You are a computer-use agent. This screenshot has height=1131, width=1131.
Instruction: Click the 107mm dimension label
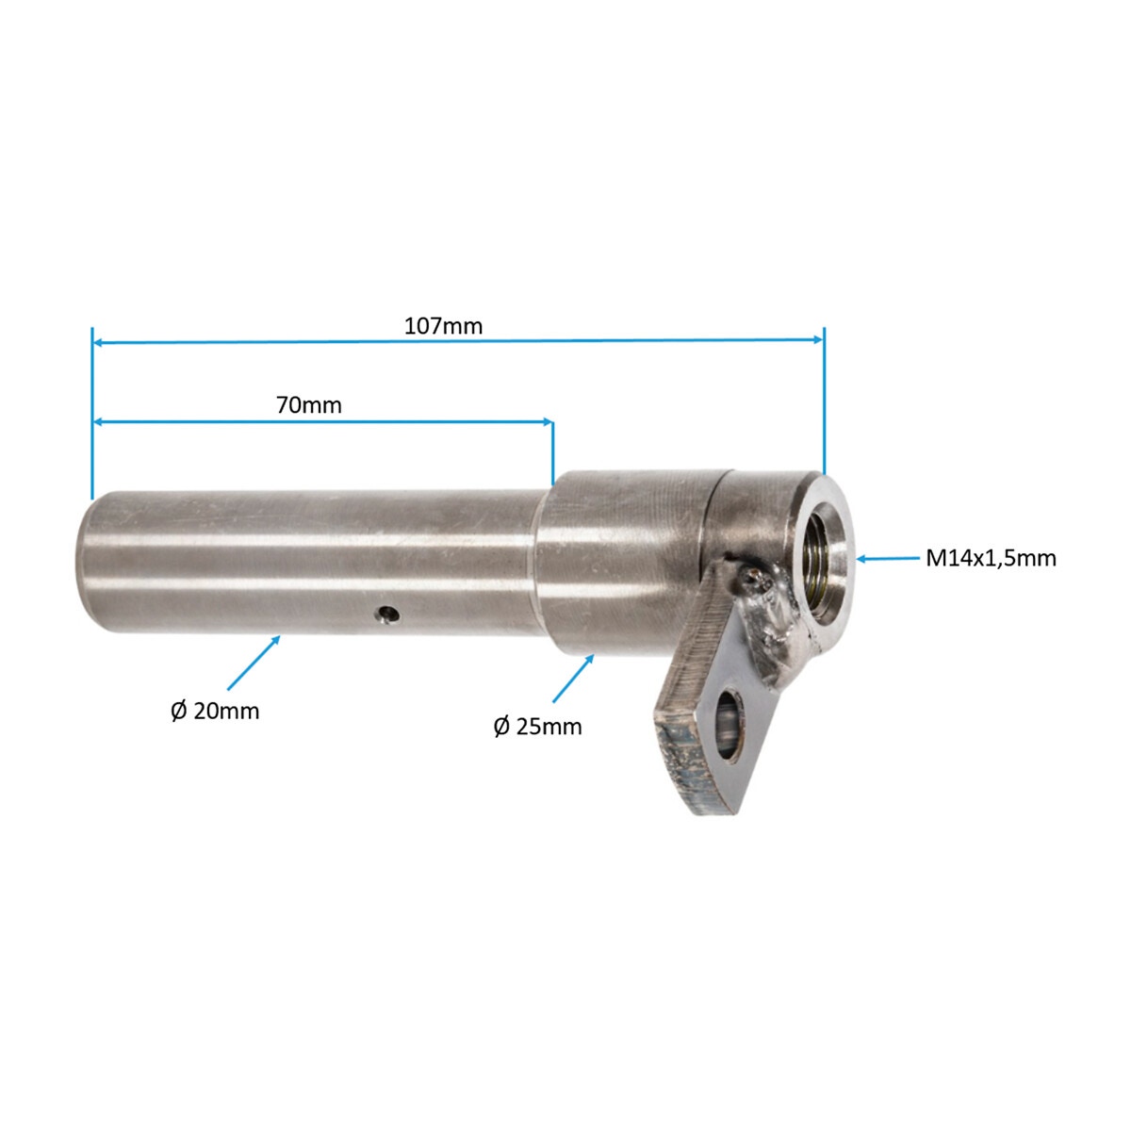click(x=443, y=326)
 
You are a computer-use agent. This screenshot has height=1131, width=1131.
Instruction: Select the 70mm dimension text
click(x=309, y=405)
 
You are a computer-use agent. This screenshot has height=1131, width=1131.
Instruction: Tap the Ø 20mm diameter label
click(x=215, y=712)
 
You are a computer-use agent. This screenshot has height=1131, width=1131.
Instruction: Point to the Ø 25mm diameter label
click(x=537, y=728)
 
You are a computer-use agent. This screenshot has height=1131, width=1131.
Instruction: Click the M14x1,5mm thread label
click(x=991, y=558)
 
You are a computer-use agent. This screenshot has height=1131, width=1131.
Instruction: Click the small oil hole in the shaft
click(x=388, y=615)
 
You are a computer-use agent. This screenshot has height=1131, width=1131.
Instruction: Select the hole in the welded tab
click(x=729, y=726)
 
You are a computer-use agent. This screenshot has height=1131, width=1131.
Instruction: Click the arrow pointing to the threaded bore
click(x=888, y=559)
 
